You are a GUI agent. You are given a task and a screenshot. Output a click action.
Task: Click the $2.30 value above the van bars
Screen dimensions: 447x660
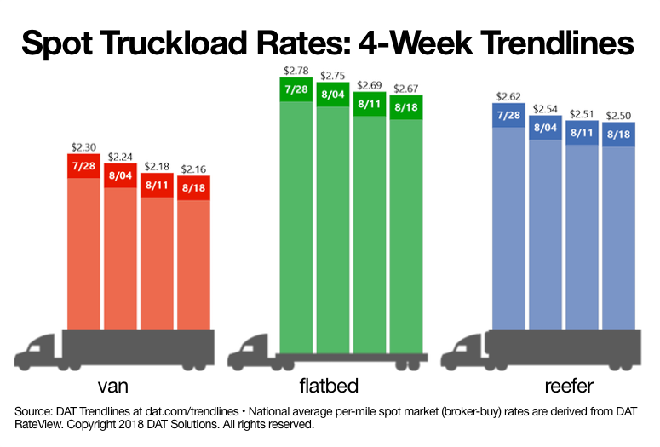(x=84, y=146)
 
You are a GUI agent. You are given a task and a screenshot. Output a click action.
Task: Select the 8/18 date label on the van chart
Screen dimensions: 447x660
(x=194, y=186)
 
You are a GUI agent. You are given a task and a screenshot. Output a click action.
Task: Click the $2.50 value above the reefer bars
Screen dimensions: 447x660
(x=619, y=115)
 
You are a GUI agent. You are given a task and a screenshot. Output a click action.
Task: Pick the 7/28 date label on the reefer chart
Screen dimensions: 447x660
(x=510, y=115)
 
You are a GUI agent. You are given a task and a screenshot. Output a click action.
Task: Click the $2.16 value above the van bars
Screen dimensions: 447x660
(x=194, y=169)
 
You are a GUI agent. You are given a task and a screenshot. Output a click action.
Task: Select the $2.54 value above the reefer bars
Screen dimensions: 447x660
(x=547, y=109)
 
